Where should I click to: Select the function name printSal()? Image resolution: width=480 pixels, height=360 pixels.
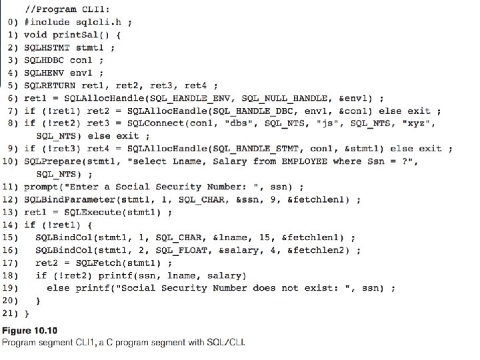[81, 35]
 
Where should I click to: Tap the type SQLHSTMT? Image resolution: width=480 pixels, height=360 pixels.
[47, 48]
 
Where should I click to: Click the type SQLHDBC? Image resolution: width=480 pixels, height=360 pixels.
[44, 60]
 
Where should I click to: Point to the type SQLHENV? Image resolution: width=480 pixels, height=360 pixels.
[44, 73]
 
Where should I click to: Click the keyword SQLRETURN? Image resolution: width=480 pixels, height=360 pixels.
[49, 86]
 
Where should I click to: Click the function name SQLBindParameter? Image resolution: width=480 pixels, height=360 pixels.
[70, 199]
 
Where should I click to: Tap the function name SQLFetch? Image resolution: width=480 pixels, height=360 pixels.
[98, 263]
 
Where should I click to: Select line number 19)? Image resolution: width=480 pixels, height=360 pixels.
[10, 289]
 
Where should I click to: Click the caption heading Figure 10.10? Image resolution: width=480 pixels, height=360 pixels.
[30, 331]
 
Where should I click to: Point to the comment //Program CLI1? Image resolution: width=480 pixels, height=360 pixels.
[67, 9]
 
